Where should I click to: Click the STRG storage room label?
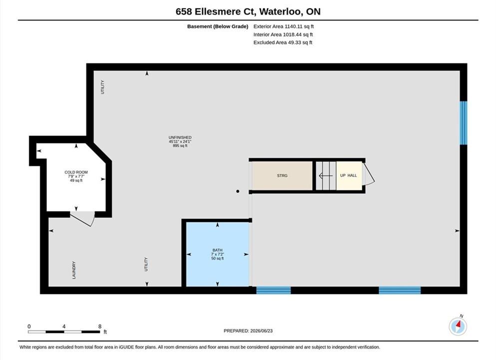point(282,175)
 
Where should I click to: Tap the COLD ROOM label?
point(76,172)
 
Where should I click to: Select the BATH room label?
point(217,250)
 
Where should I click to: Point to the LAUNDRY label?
point(74,270)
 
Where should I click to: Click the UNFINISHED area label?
point(180,137)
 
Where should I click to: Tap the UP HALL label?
point(348,175)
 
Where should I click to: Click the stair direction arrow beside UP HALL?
point(326,175)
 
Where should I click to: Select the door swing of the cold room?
point(82,219)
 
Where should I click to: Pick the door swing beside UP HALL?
point(369,173)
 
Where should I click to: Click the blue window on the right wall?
point(464,123)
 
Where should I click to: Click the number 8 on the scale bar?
point(100,326)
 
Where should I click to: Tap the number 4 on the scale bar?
point(64,326)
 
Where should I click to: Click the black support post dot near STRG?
point(238,191)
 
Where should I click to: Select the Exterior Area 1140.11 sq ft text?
point(283,26)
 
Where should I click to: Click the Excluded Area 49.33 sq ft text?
point(283,42)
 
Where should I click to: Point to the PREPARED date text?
point(248,331)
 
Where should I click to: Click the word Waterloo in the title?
point(280,11)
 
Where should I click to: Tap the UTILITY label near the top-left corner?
point(102,87)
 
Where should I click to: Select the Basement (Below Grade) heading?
point(218,26)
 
